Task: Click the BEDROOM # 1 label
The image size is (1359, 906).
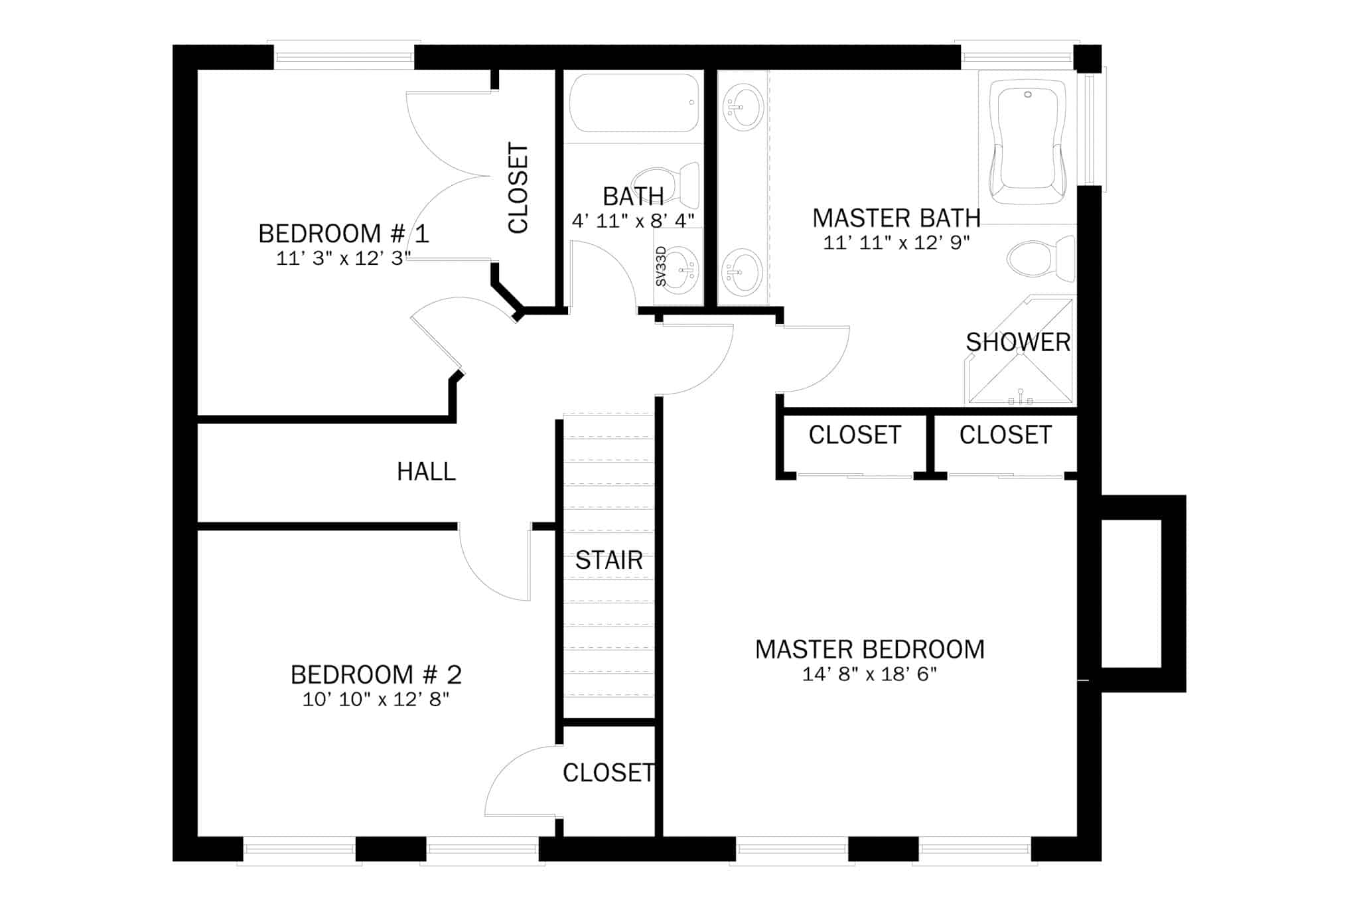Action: [344, 234]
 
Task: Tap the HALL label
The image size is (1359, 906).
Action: [426, 471]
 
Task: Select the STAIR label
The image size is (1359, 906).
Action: [608, 560]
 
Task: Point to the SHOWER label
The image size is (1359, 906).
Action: [1018, 342]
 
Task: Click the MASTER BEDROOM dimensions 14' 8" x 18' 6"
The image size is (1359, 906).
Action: [869, 674]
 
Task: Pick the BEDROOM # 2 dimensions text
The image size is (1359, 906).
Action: [376, 699]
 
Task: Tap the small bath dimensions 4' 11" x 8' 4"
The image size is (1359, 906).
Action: [633, 220]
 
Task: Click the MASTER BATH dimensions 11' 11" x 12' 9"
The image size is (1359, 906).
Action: [896, 242]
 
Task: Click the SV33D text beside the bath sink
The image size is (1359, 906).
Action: [660, 266]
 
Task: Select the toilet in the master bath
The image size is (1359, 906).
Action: [1041, 258]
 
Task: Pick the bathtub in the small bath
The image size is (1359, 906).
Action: [634, 103]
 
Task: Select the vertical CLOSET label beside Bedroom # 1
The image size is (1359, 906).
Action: [518, 188]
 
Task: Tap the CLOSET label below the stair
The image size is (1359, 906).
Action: [608, 773]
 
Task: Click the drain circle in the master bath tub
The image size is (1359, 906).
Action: [1028, 95]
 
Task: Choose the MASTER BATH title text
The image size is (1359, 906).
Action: [896, 218]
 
